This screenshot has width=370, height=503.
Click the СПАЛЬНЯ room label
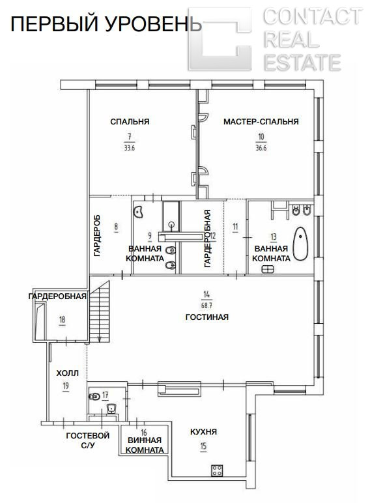pos(130,122)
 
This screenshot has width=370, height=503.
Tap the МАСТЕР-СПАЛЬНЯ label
pos(261,122)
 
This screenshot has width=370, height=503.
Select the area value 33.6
pos(129,148)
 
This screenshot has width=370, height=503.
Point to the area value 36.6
pos(261,148)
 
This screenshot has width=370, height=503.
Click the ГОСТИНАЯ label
pos(206,317)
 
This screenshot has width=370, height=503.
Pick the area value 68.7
pos(206,306)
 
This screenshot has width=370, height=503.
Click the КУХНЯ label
pos(203,431)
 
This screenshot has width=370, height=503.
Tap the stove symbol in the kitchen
pos(217,470)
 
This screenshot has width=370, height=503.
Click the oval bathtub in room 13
pos(300,244)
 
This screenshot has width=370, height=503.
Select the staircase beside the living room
pos(100,311)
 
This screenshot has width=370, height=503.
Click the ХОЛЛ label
pos(67,373)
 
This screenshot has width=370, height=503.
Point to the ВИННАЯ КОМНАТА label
pos(145,445)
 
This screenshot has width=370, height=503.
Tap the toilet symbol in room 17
pos(94,397)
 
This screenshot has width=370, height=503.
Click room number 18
pos(62,319)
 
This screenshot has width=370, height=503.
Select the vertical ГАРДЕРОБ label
pos(97,235)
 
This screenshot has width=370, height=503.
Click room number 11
pos(235,227)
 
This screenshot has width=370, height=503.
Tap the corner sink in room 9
pos(138,212)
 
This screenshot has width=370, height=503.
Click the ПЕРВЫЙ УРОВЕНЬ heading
pos(106,24)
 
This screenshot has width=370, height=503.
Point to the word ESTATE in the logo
pos(302,63)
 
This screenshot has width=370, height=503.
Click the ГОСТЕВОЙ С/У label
pos(87,440)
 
